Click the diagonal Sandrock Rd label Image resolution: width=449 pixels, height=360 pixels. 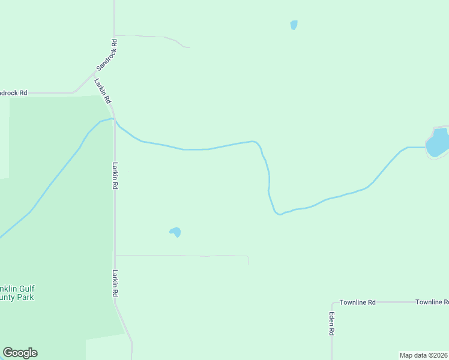pyautogui.click(x=106, y=55)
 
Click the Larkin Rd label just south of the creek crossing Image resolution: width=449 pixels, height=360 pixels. pyautogui.click(x=114, y=176)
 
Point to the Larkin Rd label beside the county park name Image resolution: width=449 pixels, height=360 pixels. pyautogui.click(x=114, y=283)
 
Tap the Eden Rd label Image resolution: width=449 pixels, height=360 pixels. pyautogui.click(x=331, y=323)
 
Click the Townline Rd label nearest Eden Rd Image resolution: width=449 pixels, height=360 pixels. pyautogui.click(x=357, y=302)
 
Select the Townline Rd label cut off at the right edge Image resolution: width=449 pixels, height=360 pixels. pyautogui.click(x=432, y=302)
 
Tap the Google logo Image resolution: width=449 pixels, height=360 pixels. pyautogui.click(x=20, y=353)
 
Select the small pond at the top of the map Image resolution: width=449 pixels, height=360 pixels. pyautogui.click(x=294, y=25)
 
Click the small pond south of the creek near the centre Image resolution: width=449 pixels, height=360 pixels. pyautogui.click(x=175, y=232)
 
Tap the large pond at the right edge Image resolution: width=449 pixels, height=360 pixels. pyautogui.click(x=438, y=143)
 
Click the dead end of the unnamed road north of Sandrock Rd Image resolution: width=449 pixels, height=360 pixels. pyautogui.click(x=189, y=47)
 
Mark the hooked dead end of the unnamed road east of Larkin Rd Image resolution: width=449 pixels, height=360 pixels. pyautogui.click(x=248, y=264)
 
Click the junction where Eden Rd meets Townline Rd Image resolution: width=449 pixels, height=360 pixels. pyautogui.click(x=332, y=302)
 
